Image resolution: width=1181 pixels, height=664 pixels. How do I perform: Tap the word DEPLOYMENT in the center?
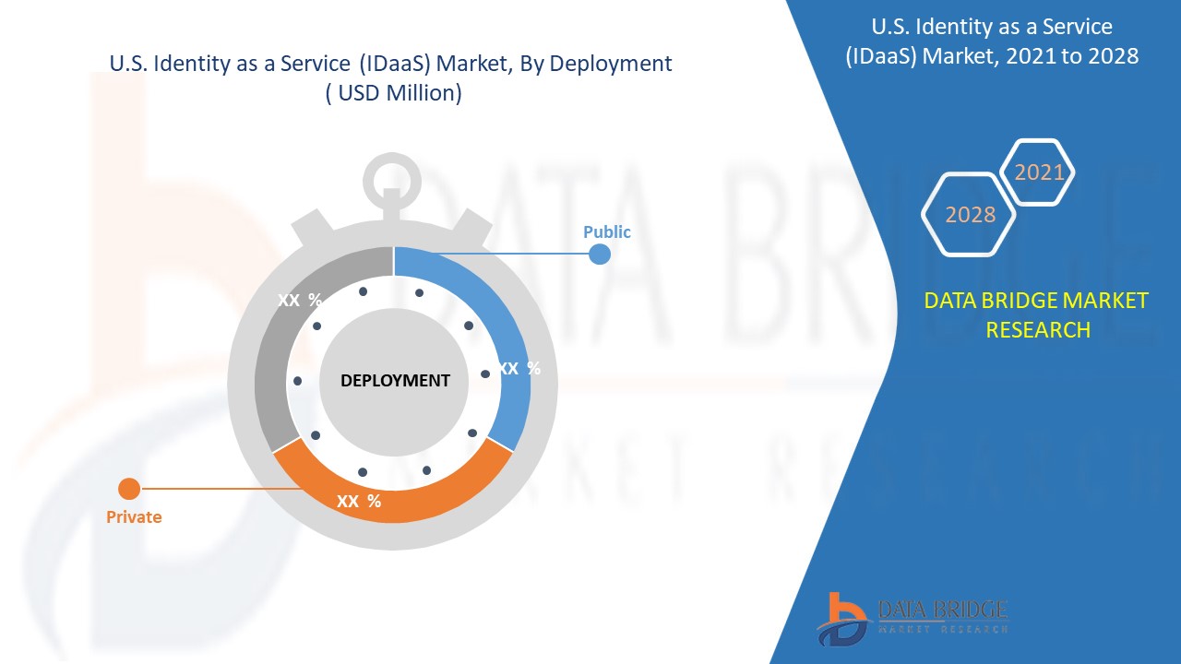pyautogui.click(x=395, y=380)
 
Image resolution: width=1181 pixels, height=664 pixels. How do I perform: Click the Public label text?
pyautogui.click(x=606, y=231)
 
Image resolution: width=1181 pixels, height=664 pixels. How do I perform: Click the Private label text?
pyautogui.click(x=134, y=517)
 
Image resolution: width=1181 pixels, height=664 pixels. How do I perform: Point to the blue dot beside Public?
pyautogui.click(x=600, y=254)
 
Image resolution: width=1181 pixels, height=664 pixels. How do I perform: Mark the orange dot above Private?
pyautogui.click(x=129, y=489)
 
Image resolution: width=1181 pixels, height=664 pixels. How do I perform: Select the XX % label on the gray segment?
pyautogui.click(x=300, y=300)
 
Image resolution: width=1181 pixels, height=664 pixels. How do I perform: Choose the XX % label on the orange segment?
pyautogui.click(x=359, y=502)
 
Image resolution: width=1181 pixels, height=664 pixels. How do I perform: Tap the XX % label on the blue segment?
pyautogui.click(x=519, y=368)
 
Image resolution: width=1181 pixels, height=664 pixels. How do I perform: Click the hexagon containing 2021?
pyautogui.click(x=1039, y=172)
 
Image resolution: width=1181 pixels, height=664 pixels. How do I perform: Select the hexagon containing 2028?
pyautogui.click(x=970, y=214)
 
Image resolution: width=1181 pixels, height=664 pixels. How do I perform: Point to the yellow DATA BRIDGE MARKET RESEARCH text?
pyautogui.click(x=1037, y=314)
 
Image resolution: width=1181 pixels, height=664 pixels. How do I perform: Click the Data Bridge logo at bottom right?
pyautogui.click(x=913, y=617)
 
